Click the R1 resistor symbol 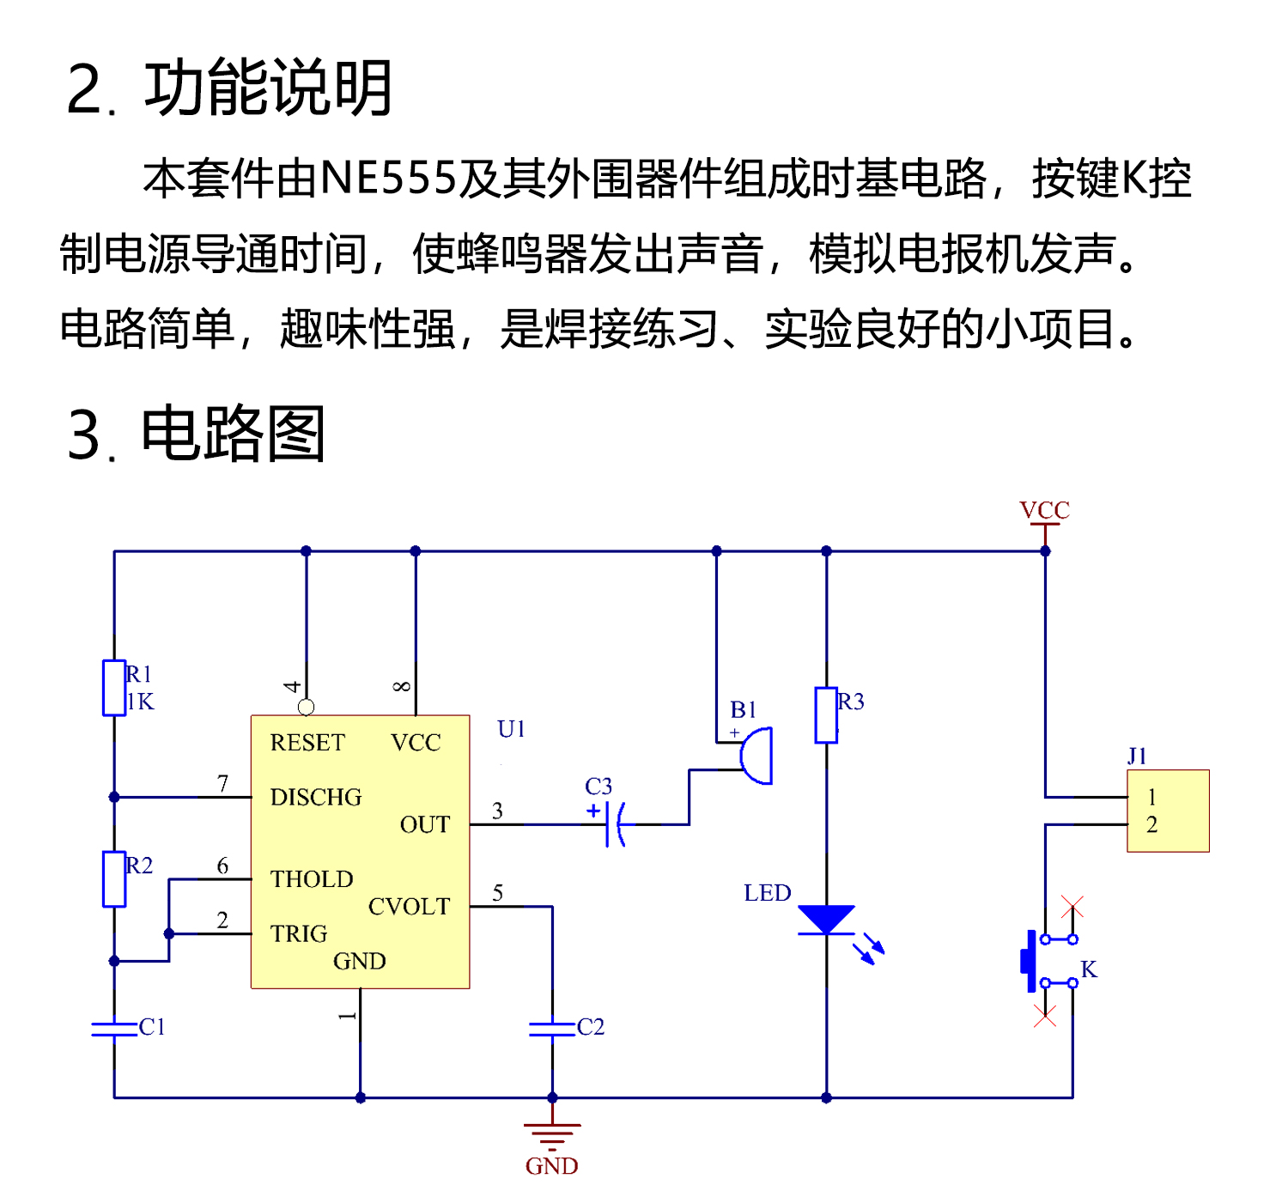114,688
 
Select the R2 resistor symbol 114,879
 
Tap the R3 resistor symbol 826,714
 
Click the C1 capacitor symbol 114,1028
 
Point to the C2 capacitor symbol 552,1028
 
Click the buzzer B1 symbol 757,756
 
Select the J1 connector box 1168,811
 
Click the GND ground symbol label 552,1166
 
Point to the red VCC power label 1044,510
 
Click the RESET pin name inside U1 307,743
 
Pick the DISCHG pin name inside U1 316,798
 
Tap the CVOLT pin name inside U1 409,907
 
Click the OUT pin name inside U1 424,825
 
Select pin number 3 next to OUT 497,811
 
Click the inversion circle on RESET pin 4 306,708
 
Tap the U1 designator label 511,729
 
